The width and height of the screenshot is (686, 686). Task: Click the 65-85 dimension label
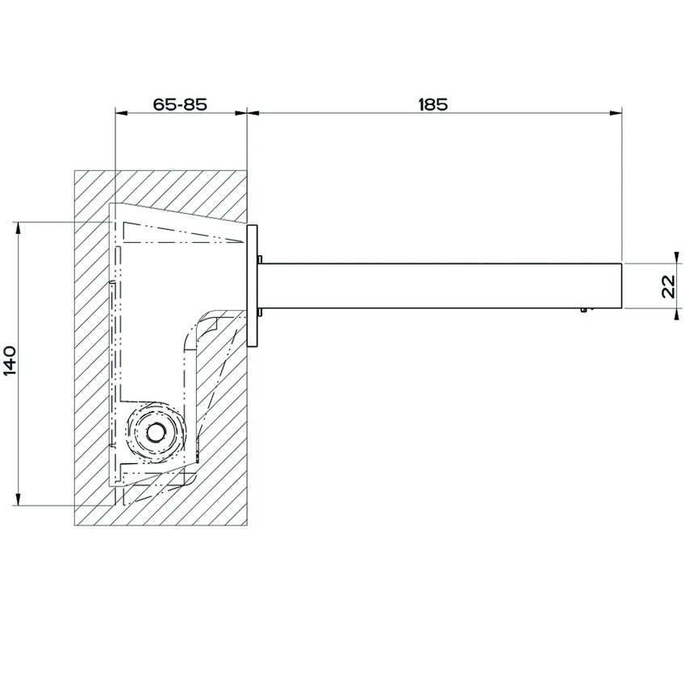[x=180, y=104]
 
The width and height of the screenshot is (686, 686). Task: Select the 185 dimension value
[x=433, y=104]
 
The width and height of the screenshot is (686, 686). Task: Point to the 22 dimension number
[x=669, y=287]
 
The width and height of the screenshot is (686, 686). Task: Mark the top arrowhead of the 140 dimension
[x=18, y=225]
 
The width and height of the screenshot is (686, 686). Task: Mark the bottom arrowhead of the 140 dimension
[x=18, y=501]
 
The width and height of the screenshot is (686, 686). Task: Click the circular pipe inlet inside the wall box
[x=154, y=432]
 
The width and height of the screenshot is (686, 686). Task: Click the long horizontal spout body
[x=440, y=286]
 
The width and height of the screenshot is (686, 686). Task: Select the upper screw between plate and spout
[x=259, y=260]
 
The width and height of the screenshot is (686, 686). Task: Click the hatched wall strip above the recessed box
[x=161, y=186]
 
